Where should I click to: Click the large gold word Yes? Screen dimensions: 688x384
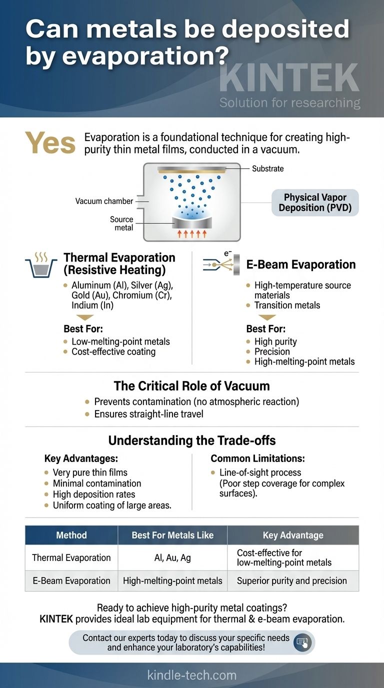point(50,144)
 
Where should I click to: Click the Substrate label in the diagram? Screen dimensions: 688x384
point(267,168)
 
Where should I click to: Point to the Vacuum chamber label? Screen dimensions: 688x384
point(104,201)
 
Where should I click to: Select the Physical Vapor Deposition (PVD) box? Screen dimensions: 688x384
point(315,202)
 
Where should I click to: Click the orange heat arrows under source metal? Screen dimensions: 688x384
point(192,233)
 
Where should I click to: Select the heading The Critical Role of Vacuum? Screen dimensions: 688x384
point(191,386)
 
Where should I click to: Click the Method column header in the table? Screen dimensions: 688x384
point(71,535)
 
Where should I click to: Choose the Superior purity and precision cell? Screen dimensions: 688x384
point(292,580)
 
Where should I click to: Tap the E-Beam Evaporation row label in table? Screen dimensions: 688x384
point(71,580)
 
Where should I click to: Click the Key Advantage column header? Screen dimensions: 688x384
point(293,535)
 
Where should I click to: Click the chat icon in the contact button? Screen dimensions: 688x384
point(301,642)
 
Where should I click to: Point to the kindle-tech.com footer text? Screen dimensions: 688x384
point(192,675)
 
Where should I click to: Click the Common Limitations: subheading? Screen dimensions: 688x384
point(257,458)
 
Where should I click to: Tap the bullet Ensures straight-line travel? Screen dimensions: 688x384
point(149,414)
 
